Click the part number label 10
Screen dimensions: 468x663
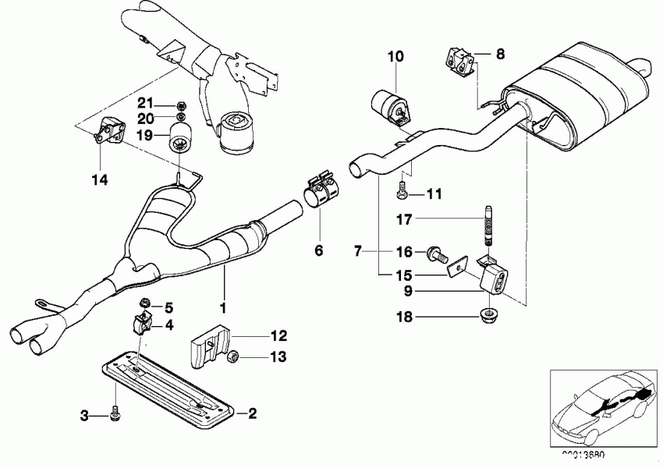(395, 56)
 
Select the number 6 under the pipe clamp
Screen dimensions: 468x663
(317, 250)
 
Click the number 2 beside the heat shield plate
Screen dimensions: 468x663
(251, 413)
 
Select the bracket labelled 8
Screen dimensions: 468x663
(459, 62)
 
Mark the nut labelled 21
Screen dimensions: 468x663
(180, 104)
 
